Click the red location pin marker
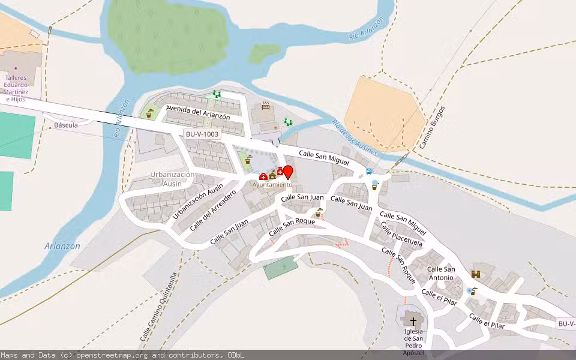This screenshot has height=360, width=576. [288, 172]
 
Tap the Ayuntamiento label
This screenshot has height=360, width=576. [272, 185]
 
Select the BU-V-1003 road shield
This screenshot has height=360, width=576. [202, 135]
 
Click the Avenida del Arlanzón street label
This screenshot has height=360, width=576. [198, 113]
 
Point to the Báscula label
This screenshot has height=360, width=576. [66, 125]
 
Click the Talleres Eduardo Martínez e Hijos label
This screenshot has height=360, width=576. [24, 88]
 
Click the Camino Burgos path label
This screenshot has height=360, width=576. [433, 128]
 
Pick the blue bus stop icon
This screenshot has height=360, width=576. [369, 171]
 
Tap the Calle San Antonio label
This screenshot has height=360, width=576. [441, 273]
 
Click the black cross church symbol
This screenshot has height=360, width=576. [413, 321]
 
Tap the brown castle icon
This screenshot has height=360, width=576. [476, 274]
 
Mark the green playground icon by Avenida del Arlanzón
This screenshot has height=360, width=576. [217, 94]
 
